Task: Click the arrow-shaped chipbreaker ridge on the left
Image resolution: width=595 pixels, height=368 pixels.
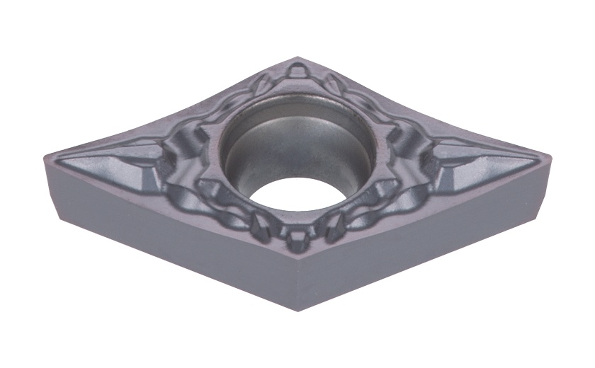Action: point(113,157)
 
